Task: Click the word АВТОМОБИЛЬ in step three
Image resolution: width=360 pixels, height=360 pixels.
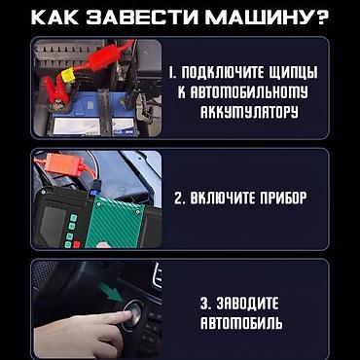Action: [242, 323]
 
